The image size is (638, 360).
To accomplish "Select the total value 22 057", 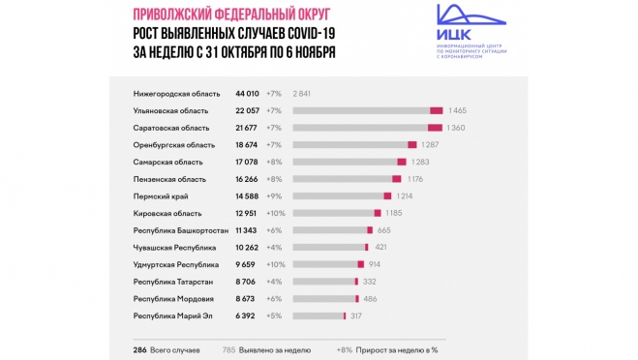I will pos(249,110).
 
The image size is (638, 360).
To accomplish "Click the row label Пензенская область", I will pos(169,178).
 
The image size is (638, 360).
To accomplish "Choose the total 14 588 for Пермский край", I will pos(249,195).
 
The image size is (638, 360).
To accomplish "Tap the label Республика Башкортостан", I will pos(181,229).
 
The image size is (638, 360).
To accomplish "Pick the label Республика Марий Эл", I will pos(174,315).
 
